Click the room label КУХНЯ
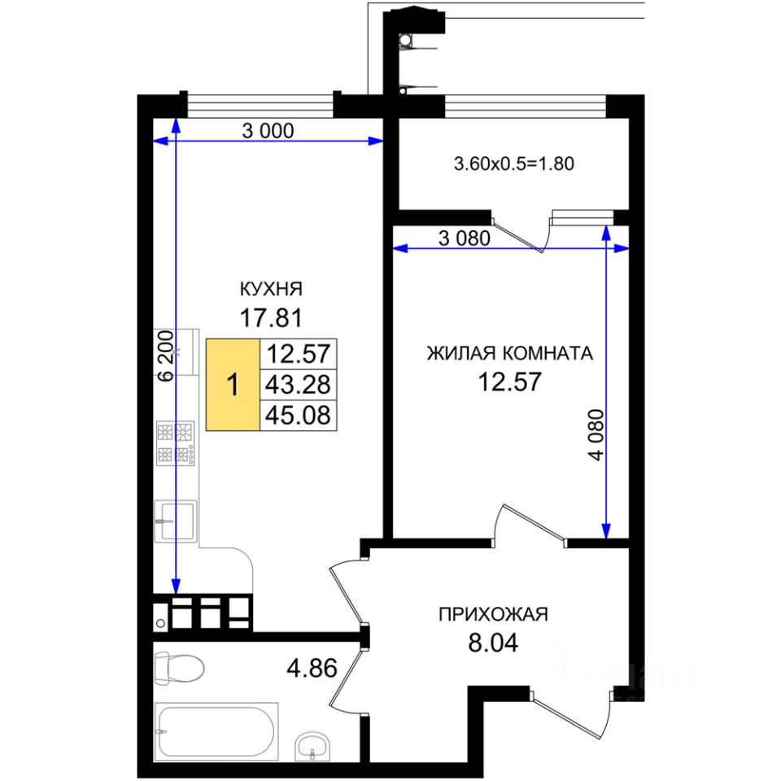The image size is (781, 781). click(271, 289)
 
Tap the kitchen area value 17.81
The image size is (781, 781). click(271, 316)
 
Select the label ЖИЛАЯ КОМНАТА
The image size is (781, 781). click(509, 354)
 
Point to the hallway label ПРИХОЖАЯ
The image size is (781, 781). click(494, 614)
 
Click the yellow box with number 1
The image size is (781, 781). click(233, 385)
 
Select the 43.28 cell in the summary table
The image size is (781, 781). click(298, 385)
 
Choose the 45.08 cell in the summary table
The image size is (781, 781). click(298, 416)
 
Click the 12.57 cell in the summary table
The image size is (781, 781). click(298, 354)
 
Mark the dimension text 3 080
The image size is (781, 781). click(464, 239)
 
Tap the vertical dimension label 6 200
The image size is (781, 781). click(165, 356)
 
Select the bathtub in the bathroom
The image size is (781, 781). click(217, 731)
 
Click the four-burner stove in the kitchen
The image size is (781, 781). click(176, 443)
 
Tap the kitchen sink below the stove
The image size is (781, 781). click(176, 519)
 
